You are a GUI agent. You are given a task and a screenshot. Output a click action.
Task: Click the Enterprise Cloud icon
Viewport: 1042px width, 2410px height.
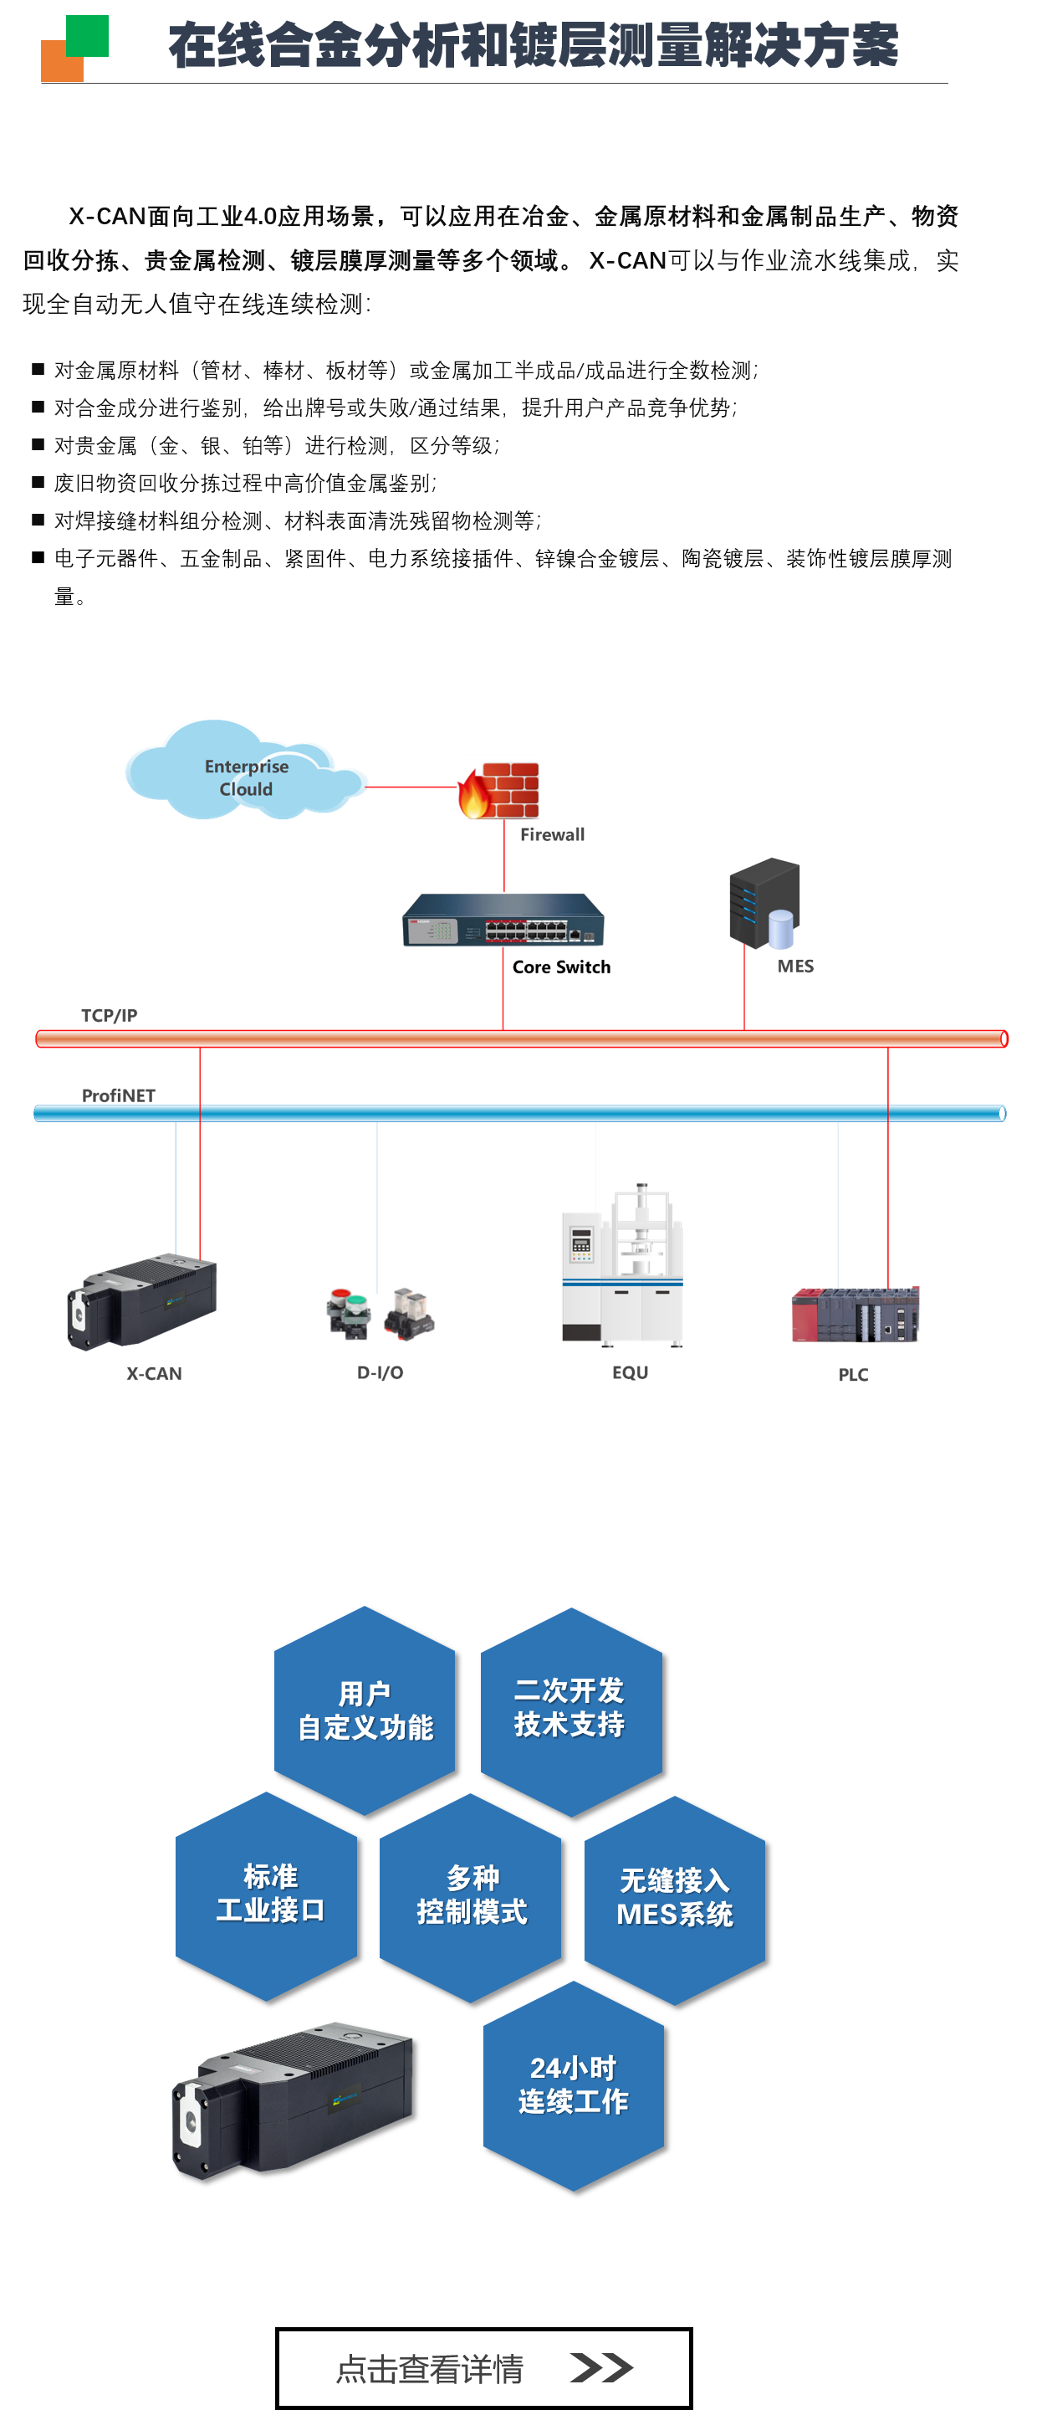[245, 769]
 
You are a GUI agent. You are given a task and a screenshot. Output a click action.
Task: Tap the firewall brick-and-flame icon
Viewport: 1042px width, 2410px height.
[498, 791]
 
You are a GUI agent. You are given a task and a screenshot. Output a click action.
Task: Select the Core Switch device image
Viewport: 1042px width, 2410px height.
[503, 920]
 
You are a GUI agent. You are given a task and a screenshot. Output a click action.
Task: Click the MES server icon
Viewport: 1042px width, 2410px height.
[764, 904]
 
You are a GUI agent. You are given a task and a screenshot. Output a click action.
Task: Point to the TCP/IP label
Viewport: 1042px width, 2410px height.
[110, 1015]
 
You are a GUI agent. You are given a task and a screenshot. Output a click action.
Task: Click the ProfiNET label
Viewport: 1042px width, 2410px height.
[119, 1095]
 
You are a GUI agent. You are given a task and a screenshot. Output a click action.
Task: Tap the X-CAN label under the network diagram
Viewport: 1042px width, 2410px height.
[155, 1373]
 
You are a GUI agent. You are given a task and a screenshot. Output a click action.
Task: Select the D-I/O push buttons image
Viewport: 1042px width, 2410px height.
[381, 1313]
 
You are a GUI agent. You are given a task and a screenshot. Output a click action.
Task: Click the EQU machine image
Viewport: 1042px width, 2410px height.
[623, 1265]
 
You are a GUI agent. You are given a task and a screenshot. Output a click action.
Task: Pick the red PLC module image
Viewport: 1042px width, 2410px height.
[855, 1315]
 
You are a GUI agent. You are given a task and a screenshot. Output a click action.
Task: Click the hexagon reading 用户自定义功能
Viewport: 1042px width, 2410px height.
[365, 1710]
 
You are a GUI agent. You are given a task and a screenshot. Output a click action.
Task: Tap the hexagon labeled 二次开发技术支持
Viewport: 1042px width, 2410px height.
[570, 1710]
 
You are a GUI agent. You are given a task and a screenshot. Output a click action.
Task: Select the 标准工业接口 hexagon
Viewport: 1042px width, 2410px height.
[268, 1895]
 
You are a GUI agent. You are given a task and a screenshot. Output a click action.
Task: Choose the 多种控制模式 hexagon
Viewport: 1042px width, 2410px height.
[471, 1897]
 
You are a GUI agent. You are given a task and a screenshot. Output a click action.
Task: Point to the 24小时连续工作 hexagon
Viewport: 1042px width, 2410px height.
[574, 2085]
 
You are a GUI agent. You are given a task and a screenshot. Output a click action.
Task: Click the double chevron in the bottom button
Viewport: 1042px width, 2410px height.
[601, 2367]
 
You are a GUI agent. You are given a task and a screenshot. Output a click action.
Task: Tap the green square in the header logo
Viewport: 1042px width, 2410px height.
[87, 35]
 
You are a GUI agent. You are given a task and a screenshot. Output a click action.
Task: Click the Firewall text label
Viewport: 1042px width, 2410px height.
[553, 834]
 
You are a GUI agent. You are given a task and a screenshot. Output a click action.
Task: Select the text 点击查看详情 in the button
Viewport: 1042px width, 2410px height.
[429, 2369]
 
